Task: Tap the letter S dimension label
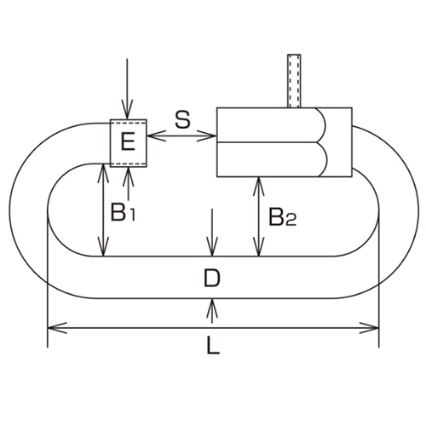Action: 181,118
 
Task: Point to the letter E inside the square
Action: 128,142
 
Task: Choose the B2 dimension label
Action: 281,218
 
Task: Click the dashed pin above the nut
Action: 296,81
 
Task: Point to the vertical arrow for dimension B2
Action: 257,216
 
